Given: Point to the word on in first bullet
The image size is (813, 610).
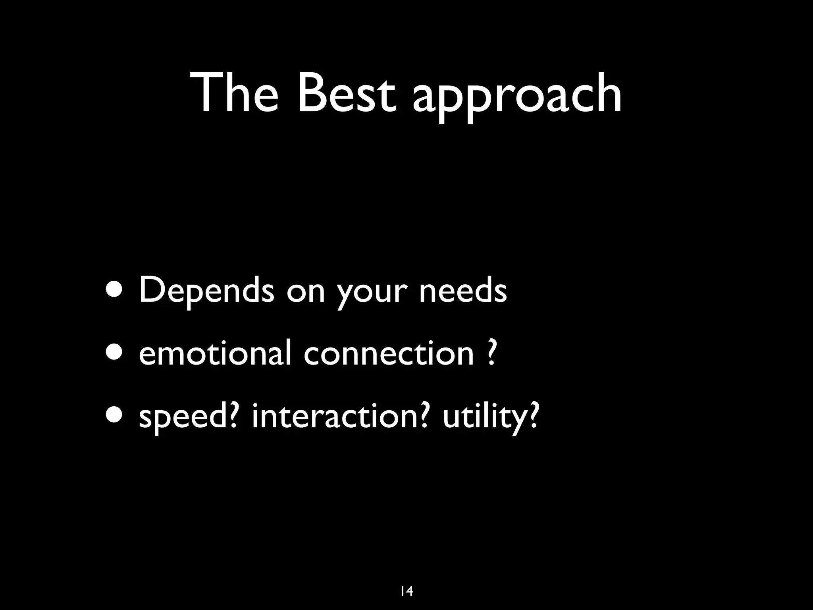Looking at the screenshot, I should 305,292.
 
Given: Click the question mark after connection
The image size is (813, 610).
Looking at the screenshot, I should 491,352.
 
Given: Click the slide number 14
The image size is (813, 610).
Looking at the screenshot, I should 406,580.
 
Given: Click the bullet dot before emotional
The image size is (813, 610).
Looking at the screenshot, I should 116,353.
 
